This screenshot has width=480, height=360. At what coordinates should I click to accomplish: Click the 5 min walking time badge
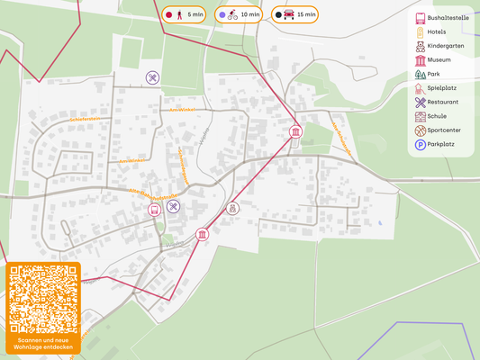(186, 14)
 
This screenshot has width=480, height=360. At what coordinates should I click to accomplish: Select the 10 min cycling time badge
(240, 14)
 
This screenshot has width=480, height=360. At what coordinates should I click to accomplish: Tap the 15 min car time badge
(294, 14)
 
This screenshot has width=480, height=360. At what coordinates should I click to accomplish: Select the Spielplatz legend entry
(440, 88)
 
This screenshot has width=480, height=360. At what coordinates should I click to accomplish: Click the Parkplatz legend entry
(440, 144)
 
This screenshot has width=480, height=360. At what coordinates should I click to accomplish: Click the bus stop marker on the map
(155, 210)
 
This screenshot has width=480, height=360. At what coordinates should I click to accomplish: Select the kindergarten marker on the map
(232, 208)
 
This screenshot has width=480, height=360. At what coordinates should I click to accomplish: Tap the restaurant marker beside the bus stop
(174, 206)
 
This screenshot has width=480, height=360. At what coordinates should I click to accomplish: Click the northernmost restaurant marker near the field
(152, 78)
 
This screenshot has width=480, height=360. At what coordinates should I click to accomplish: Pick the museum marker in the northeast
(295, 132)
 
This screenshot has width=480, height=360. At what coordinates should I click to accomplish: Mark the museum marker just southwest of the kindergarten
(202, 235)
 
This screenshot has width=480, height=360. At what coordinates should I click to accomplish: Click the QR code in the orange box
(43, 299)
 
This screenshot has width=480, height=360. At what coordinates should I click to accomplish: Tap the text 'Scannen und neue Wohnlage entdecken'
(43, 344)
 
